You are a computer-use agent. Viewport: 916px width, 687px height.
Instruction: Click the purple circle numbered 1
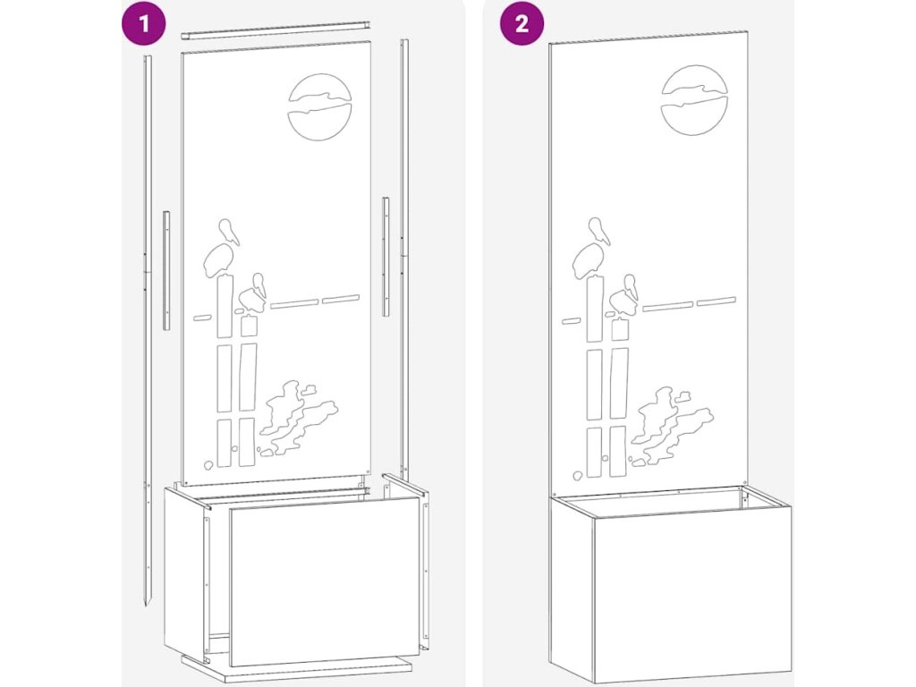143,23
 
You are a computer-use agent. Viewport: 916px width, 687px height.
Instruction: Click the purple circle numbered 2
522,23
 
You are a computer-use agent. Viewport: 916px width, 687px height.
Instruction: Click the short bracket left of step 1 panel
166,270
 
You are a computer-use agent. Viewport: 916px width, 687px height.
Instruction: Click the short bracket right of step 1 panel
386,257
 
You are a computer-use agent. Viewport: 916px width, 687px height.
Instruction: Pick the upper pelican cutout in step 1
222,248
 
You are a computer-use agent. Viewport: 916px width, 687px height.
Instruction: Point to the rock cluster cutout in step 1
299,418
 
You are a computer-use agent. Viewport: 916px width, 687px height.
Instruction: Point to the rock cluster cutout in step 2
672,425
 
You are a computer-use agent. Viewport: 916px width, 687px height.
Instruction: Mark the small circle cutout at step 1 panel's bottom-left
208,465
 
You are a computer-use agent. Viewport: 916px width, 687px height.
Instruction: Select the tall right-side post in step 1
403,257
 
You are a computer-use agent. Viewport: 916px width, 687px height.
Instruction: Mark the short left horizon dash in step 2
572,320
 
